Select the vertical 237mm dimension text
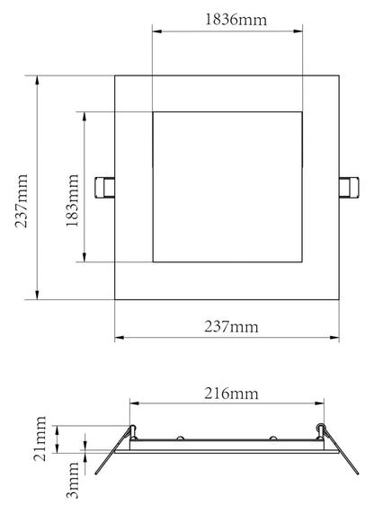(x=22, y=190)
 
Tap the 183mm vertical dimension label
(x=71, y=189)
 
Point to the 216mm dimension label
(x=227, y=392)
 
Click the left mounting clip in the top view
(x=105, y=188)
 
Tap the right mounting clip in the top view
(x=347, y=188)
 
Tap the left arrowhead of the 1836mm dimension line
(x=156, y=32)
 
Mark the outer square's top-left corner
(x=116, y=76)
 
